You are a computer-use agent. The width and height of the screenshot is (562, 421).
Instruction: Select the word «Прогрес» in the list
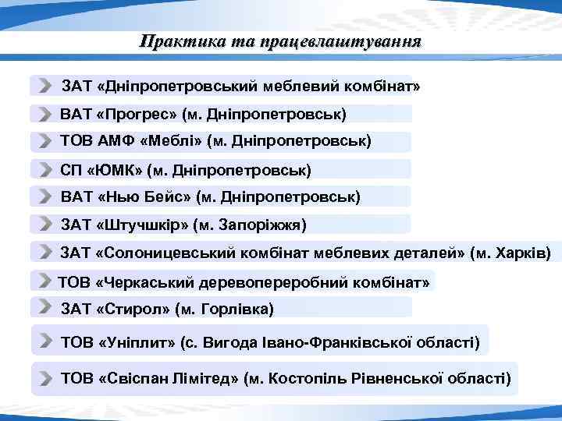(137, 114)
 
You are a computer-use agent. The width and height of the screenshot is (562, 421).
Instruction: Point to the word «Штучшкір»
(144, 225)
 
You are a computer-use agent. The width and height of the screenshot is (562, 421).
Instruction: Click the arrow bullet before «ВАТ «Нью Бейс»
(47, 198)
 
